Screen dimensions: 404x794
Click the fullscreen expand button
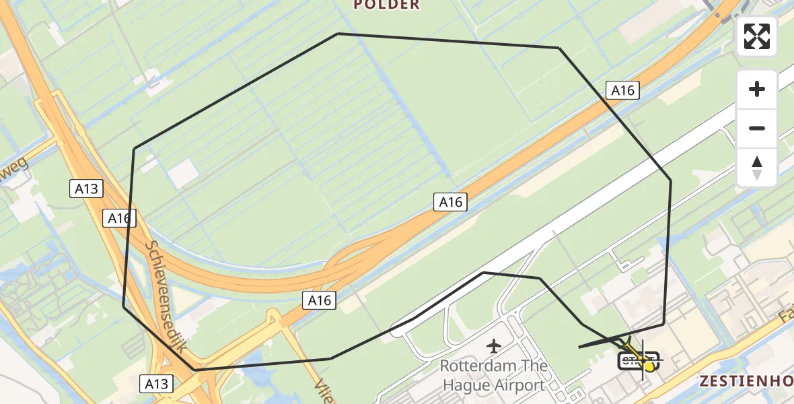point(757,36)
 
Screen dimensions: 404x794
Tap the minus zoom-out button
point(757,128)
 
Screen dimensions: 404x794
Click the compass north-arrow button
point(757,167)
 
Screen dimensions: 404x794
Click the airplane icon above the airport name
point(494,347)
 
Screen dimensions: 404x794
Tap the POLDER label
point(387,5)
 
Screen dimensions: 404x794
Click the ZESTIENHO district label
point(746,381)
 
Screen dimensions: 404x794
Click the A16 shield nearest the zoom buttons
point(622,90)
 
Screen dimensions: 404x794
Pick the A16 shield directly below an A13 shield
point(119,218)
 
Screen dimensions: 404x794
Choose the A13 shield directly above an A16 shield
point(86,189)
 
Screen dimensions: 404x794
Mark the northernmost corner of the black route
point(338,34)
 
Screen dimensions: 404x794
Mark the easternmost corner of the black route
point(671,180)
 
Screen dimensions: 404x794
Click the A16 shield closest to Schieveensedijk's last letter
point(320,300)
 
